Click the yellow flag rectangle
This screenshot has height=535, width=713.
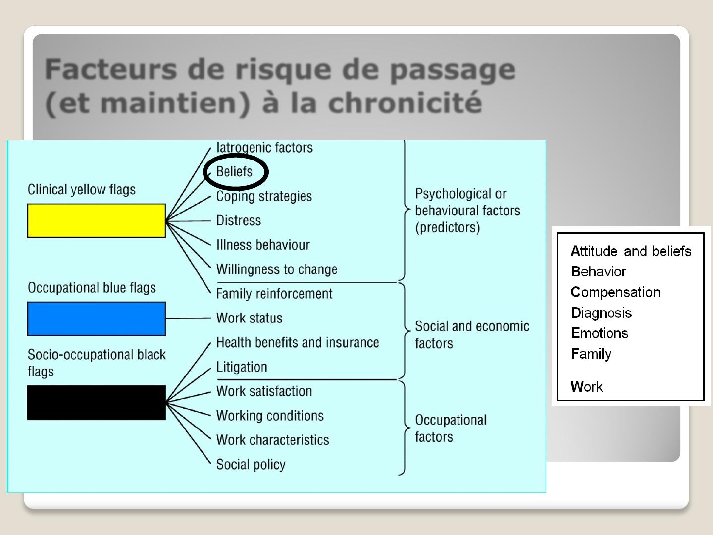point(97,220)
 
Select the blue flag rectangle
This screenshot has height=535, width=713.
point(97,319)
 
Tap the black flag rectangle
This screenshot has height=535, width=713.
point(97,402)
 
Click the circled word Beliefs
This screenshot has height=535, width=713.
point(234,171)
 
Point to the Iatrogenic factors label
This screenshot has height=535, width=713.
point(264,148)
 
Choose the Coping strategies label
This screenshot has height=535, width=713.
point(264,197)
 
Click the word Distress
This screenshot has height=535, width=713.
point(239,220)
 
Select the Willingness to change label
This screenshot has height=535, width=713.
point(277,269)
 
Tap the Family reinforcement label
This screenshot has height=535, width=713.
point(274,294)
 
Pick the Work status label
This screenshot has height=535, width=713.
point(249,318)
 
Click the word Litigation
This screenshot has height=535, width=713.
point(242,367)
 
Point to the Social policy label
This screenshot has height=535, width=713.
point(251,465)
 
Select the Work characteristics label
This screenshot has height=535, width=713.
point(272,440)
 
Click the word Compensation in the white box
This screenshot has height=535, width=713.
point(615,292)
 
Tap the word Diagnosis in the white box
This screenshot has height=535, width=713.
point(601,313)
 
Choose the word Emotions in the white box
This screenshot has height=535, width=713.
point(600,333)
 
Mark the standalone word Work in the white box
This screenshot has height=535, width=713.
point(587,387)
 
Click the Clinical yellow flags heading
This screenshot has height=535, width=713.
point(82,190)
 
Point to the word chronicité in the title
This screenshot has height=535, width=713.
point(405,103)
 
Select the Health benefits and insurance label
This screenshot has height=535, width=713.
point(298,343)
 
